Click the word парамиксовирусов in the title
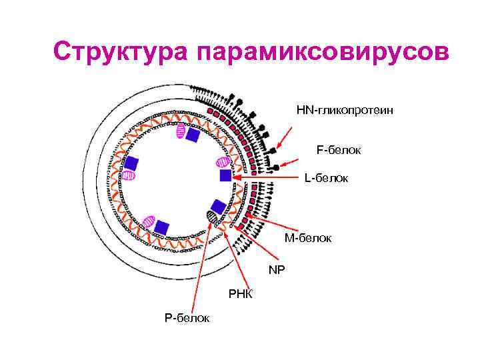pos(319,52)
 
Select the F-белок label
pos(339,150)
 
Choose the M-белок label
pos(308,238)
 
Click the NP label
pos(276,270)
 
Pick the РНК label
pos(240,294)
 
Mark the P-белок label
pos(187,318)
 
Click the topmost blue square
pos(193,135)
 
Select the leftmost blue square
pos(131,163)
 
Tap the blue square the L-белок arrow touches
pos(225,175)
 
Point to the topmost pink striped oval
pos(180,132)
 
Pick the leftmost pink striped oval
pos(129,175)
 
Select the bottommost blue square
pos(162,227)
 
